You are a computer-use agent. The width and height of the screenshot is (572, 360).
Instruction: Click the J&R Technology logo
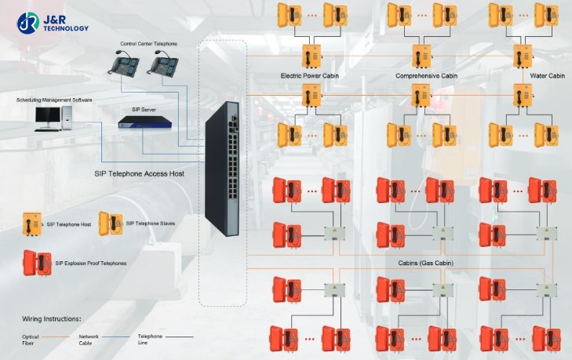pyautogui.click(x=53, y=24)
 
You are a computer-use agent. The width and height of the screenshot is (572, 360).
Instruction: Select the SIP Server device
pyautogui.click(x=141, y=122)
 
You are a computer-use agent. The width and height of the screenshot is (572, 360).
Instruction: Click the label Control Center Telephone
pyautogui.click(x=148, y=44)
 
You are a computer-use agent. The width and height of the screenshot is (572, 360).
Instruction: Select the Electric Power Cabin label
pyautogui.click(x=308, y=76)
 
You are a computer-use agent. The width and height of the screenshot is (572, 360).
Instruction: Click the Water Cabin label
pyautogui.click(x=548, y=76)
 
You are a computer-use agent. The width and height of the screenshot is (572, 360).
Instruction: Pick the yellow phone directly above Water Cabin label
pyautogui.click(x=522, y=56)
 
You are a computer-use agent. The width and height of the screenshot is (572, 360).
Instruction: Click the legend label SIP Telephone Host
pyautogui.click(x=69, y=224)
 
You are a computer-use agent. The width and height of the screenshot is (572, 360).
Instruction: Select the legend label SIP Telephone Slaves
pyautogui.click(x=151, y=224)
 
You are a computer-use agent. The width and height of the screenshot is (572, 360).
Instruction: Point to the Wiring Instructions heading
pyautogui.click(x=51, y=320)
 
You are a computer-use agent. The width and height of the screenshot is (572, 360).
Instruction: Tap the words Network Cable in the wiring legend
pyautogui.click(x=88, y=338)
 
